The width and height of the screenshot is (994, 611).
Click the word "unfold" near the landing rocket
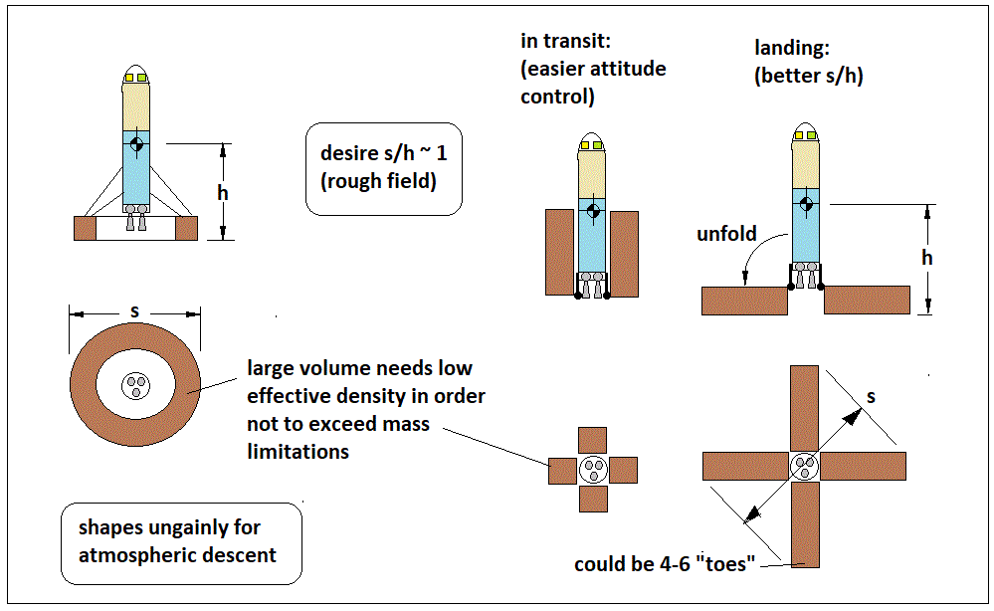tap(727, 235)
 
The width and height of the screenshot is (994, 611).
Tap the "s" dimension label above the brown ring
tap(134, 311)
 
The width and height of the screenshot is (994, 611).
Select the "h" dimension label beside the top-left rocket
tap(223, 192)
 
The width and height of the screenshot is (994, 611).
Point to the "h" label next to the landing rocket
tap(927, 258)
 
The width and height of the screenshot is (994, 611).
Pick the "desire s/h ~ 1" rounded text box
tap(383, 169)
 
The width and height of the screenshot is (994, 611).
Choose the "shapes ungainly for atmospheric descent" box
tap(179, 540)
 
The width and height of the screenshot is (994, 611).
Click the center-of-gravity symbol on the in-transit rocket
tap(593, 212)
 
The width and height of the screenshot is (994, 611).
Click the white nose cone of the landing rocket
tap(806, 133)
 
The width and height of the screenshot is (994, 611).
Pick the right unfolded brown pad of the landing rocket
tap(867, 300)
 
